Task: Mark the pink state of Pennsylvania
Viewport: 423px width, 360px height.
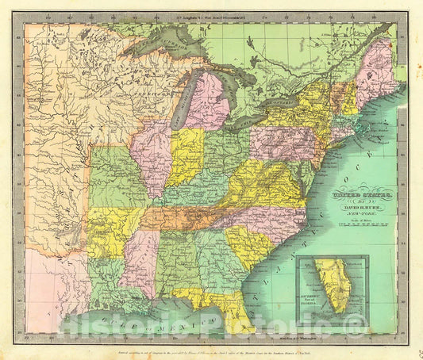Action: (281, 143)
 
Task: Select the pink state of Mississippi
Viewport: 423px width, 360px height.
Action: (140, 262)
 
